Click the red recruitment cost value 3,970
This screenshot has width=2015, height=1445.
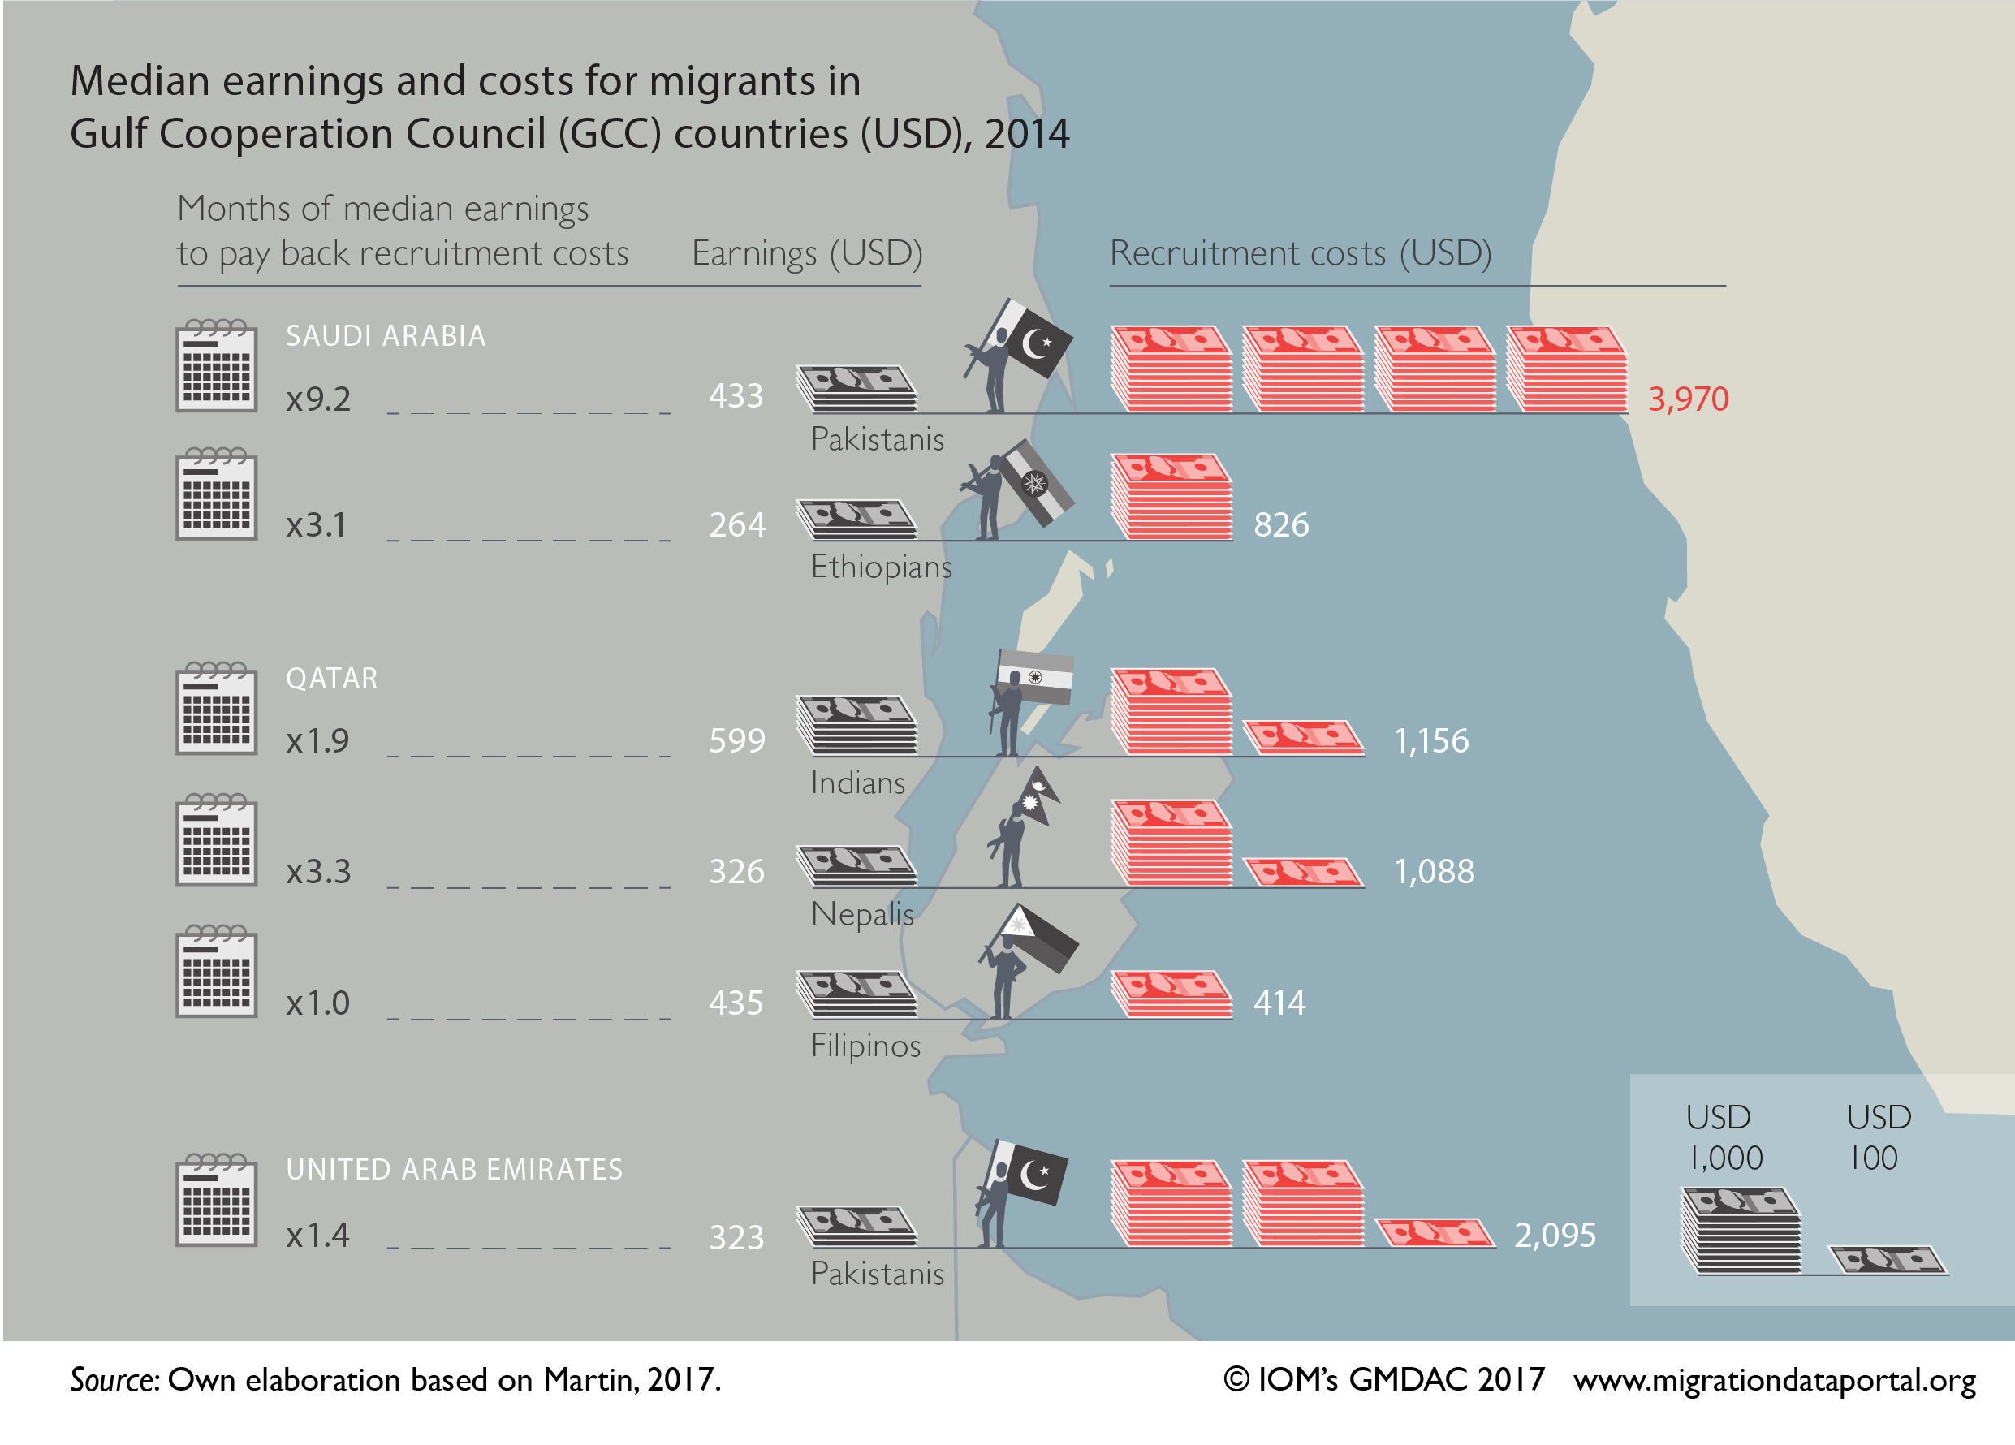point(1687,399)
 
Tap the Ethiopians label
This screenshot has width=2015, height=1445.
point(881,567)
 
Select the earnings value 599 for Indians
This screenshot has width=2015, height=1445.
point(736,740)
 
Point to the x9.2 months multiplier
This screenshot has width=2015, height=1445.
point(318,399)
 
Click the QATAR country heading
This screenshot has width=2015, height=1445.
point(331,679)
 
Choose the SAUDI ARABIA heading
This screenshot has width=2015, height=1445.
point(386,336)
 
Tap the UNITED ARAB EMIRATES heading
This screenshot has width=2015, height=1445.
point(454,1169)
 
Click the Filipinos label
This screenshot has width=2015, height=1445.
point(865,1046)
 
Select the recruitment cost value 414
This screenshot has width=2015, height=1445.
point(1279,1003)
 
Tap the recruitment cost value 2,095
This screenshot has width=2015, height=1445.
point(1555,1235)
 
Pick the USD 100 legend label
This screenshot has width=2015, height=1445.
point(1878,1137)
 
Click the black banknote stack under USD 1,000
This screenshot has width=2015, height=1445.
point(1741,1231)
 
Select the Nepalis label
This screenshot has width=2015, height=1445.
point(862,914)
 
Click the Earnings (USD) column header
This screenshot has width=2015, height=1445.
point(807,253)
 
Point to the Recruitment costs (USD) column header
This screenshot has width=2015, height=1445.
point(1300,253)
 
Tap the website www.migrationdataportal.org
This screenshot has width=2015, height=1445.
point(1774,1379)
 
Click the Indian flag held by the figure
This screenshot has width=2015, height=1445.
point(1036,677)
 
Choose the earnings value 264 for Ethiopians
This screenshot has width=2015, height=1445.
point(736,525)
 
